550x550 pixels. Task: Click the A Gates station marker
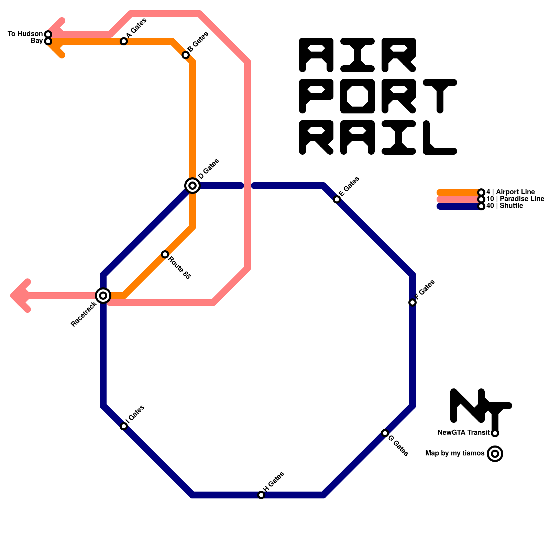click(x=124, y=41)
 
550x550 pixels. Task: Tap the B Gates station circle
click(x=186, y=55)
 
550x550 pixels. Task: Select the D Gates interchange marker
click(x=192, y=186)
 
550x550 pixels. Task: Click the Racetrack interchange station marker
click(x=103, y=295)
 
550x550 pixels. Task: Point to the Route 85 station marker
click(x=165, y=254)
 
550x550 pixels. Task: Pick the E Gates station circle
click(x=337, y=199)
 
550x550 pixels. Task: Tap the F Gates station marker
click(x=412, y=302)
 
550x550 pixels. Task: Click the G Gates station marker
click(x=385, y=433)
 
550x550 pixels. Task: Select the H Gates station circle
click(x=261, y=495)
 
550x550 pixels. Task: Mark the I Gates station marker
click(x=124, y=426)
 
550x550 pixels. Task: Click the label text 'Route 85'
click(x=179, y=268)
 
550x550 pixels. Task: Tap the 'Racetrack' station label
click(x=84, y=314)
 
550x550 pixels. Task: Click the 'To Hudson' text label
click(x=25, y=34)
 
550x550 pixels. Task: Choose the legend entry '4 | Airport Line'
click(x=510, y=192)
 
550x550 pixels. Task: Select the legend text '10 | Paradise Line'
click(x=515, y=199)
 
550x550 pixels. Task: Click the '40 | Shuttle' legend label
click(x=505, y=206)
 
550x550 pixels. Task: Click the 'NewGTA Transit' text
click(x=463, y=432)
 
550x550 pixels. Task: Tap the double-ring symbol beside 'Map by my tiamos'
click(x=495, y=454)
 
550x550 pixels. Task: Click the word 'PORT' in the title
click(x=378, y=96)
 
